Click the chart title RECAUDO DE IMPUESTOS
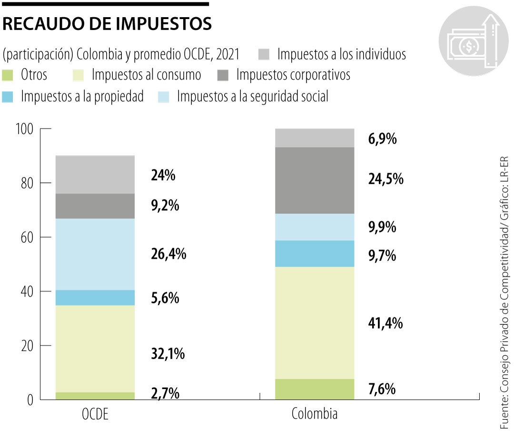107,24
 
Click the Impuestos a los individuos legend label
341,54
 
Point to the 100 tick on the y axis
29,129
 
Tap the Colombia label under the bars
314,413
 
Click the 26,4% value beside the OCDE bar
168,254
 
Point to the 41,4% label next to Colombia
385,323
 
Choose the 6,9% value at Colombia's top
382,140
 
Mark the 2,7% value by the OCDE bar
165,393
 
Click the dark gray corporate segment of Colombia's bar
315,180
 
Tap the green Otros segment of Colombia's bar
315,389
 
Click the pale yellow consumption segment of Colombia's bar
315,322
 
